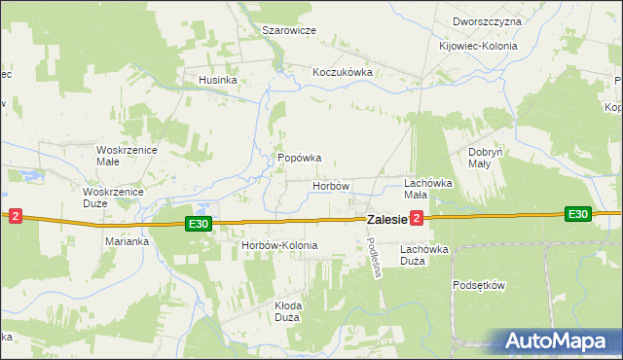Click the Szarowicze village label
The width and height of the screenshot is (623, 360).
pos(289,30)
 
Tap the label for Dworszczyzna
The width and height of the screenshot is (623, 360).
pos(487,21)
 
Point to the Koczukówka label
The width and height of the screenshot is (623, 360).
pos(344,72)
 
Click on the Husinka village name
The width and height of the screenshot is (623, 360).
pos(218,80)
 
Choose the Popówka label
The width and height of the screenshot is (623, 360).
pos(300,158)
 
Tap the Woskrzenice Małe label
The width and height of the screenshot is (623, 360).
pos(121,156)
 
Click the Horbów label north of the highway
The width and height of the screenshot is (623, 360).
pos(331,185)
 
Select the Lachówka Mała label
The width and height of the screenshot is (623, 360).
pos(429,189)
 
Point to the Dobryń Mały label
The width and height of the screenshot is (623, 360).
pos(486,158)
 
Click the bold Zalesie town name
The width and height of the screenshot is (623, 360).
pos(385,221)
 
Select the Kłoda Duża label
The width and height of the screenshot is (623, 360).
pos(287,311)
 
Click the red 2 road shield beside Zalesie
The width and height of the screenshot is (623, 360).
pos(417,219)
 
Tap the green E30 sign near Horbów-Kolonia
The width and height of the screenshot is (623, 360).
pos(199,225)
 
